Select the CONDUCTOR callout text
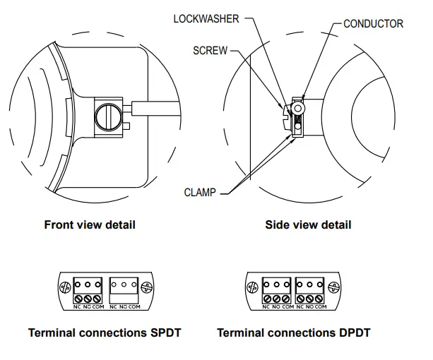(x=373, y=24)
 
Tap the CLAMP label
(x=200, y=191)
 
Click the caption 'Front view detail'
(x=90, y=225)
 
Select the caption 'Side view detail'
(x=308, y=225)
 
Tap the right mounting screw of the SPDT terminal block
(x=148, y=288)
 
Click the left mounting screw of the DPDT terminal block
(x=251, y=288)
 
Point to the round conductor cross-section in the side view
(x=299, y=110)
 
